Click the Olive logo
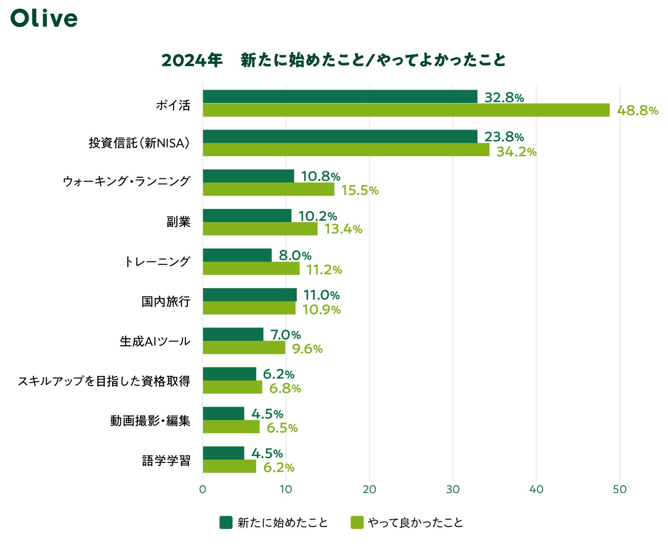pyautogui.click(x=44, y=19)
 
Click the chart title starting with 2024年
pyautogui.click(x=334, y=60)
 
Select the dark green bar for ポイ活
pyautogui.click(x=340, y=96)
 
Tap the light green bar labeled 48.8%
pyautogui.click(x=406, y=110)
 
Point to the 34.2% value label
pyautogui.click(x=516, y=152)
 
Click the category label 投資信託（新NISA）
pyautogui.click(x=139, y=143)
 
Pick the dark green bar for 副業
pyautogui.click(x=247, y=215)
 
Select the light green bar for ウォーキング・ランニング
pyautogui.click(x=269, y=189)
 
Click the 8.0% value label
pyautogui.click(x=295, y=256)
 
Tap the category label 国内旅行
pyautogui.click(x=166, y=302)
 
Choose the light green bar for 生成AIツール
pyautogui.click(x=244, y=348)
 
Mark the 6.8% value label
pyautogui.click(x=285, y=388)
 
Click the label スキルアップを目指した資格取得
pyautogui.click(x=104, y=381)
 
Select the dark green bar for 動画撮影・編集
pyautogui.click(x=223, y=413)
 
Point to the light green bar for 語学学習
pyautogui.click(x=229, y=466)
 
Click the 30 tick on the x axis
pyautogui.click(x=453, y=489)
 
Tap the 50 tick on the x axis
pyautogui.click(x=619, y=489)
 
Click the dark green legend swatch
pyautogui.click(x=226, y=523)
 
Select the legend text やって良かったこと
pyautogui.click(x=415, y=523)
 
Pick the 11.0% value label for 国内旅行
pyautogui.click(x=321, y=295)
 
